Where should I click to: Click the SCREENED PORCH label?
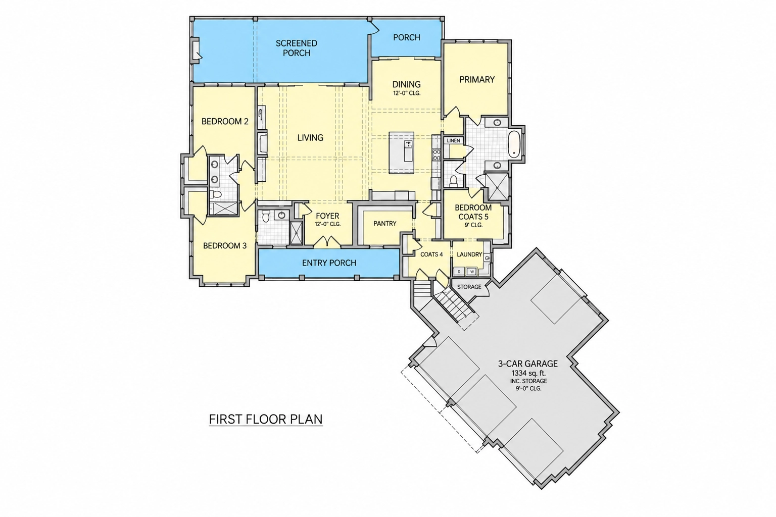pos(297,48)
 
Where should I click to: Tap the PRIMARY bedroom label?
pos(477,80)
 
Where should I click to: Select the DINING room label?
pos(406,84)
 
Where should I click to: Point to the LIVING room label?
pos(310,138)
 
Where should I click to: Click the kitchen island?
pos(401,152)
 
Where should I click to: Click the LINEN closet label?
pos(454,140)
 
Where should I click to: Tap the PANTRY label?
pos(385,224)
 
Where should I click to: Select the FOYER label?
pos(327,216)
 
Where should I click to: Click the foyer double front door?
pos(327,242)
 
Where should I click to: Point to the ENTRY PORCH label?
pos(329,263)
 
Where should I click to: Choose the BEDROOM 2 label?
pos(225,122)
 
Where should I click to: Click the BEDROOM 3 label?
pos(225,246)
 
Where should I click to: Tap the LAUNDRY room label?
pos(469,254)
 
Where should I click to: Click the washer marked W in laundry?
pos(472,272)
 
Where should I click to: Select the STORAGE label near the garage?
pos(469,287)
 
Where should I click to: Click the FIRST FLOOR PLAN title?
pos(266,420)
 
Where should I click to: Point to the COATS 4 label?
pos(431,254)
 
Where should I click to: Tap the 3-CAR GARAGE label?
pos(528,364)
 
